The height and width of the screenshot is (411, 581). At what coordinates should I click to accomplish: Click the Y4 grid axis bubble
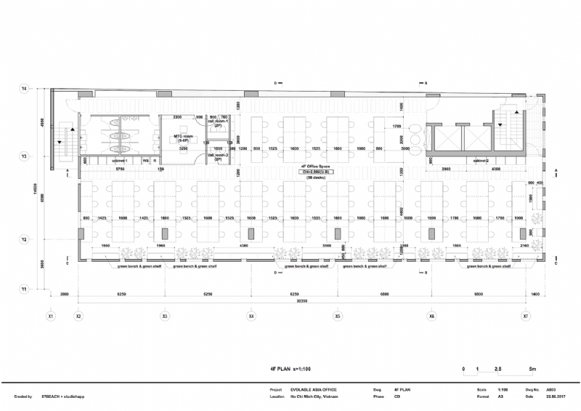point(24,89)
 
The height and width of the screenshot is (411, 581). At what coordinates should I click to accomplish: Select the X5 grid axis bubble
point(338,316)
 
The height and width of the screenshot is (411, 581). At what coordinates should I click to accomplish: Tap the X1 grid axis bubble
point(51,316)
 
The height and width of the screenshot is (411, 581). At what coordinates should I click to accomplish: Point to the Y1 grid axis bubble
point(24,289)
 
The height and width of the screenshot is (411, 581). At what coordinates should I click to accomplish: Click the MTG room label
point(182,138)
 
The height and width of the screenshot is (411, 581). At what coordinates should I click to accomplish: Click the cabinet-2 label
point(480,160)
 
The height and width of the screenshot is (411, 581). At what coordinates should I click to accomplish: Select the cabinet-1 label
point(119,160)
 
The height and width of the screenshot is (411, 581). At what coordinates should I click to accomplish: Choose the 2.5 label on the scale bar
point(498,370)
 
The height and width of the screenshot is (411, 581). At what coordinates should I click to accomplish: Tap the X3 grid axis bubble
point(165,316)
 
